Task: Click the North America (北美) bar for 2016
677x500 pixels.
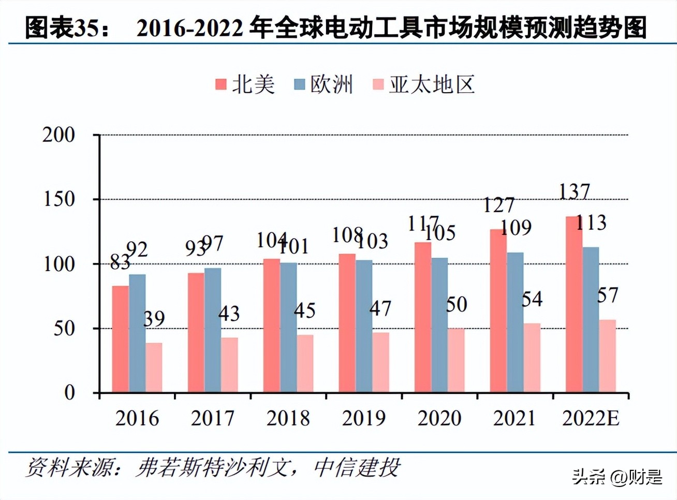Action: coord(121,339)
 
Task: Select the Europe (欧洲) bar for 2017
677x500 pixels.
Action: coord(213,330)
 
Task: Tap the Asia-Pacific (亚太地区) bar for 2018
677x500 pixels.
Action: coord(305,363)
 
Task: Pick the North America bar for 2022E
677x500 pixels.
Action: coord(574,304)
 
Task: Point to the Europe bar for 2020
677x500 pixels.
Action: coord(439,325)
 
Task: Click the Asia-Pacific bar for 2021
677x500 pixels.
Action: coord(532,358)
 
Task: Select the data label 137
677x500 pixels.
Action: coord(575,192)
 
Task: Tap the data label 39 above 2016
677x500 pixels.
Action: coord(154,319)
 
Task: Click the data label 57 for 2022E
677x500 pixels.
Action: coord(607,296)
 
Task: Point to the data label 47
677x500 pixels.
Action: coord(380,309)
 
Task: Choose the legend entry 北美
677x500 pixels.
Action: coord(245,84)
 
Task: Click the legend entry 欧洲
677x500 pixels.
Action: coord(323,84)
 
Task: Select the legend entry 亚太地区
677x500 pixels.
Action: coord(423,84)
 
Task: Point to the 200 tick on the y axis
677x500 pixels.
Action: coord(58,135)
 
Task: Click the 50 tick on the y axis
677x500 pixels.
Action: coord(64,329)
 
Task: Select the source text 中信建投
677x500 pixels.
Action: coord(357,467)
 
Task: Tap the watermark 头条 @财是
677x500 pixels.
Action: coord(617,477)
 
